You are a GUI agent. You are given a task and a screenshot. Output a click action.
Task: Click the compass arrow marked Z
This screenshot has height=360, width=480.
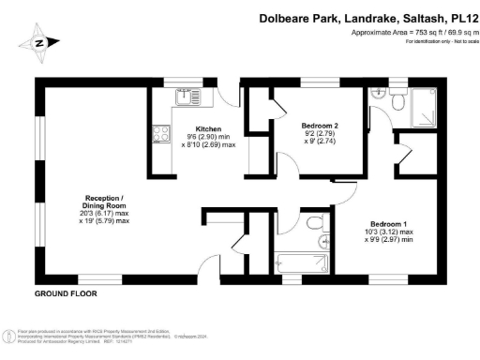coord(40,42)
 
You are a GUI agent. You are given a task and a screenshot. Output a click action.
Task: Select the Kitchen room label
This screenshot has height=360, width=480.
coord(208,128)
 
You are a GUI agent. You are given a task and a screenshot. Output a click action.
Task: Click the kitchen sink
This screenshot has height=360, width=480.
coord(182,95)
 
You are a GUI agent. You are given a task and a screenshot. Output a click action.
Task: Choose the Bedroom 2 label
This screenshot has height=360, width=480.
coord(319,125)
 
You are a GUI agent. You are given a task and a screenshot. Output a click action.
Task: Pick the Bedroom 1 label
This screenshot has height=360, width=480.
coord(387,223)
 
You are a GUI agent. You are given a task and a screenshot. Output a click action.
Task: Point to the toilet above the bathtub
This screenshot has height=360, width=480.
coord(316,223)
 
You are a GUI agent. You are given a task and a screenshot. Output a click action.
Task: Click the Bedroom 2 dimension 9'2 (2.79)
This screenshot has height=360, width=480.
coord(319,134)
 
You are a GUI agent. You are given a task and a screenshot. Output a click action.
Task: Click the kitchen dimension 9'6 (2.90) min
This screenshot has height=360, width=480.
coord(208,137)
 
